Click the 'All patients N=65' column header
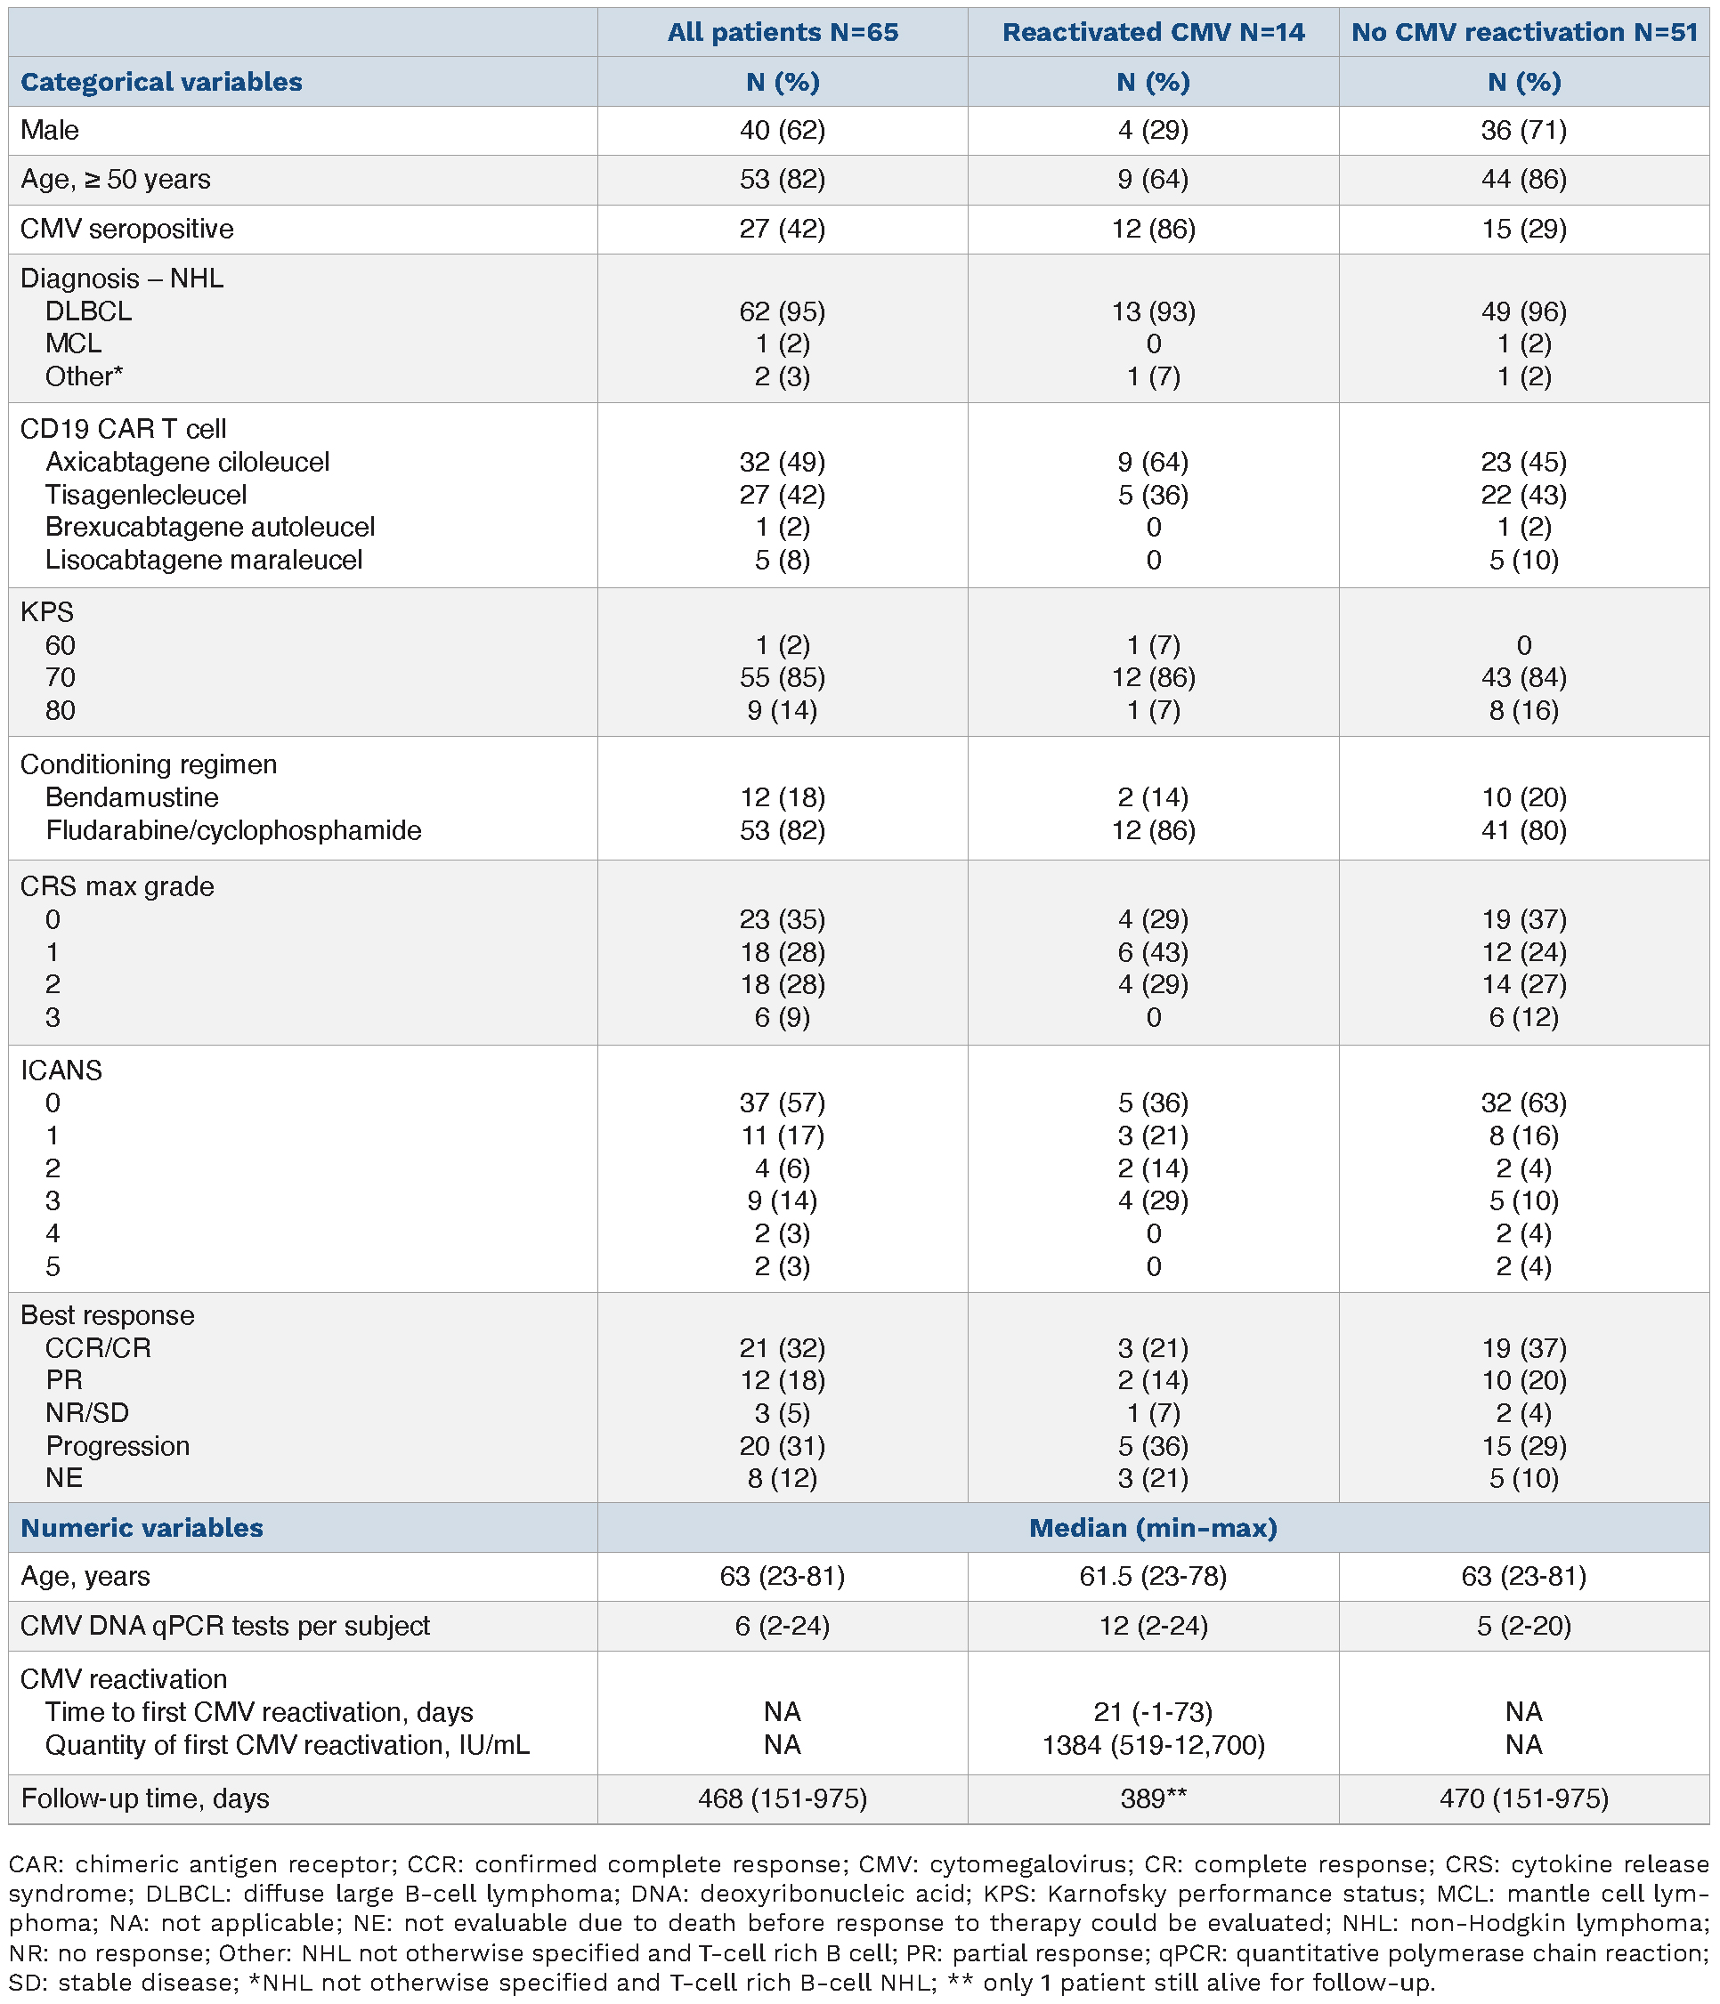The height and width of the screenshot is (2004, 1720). [x=783, y=33]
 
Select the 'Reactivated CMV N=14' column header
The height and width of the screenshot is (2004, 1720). [x=1153, y=33]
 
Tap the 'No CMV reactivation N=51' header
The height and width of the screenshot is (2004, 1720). [x=1523, y=33]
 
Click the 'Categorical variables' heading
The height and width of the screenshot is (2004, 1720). [x=161, y=82]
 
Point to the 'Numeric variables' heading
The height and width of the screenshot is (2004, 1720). [x=142, y=1528]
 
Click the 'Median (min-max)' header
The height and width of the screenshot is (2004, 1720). [x=1153, y=1528]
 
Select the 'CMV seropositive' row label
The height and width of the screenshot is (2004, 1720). [x=126, y=230]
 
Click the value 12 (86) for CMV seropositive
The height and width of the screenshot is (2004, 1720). [x=1153, y=230]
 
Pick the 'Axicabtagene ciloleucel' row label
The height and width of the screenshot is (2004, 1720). [x=188, y=463]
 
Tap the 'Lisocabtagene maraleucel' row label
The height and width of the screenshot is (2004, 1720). [x=204, y=560]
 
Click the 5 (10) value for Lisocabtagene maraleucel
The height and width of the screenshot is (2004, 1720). [x=1523, y=560]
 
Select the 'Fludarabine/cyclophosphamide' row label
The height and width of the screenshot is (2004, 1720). [x=233, y=831]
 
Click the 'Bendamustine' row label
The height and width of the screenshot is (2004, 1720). [x=133, y=798]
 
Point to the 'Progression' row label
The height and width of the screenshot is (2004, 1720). [x=118, y=1446]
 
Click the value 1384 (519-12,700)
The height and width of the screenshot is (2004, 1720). [x=1153, y=1745]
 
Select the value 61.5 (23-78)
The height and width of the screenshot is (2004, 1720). [x=1153, y=1578]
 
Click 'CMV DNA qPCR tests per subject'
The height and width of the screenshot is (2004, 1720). [x=225, y=1626]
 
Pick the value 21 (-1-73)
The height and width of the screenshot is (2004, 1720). [x=1153, y=1713]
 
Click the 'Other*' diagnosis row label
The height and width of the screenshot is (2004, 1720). [x=85, y=376]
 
